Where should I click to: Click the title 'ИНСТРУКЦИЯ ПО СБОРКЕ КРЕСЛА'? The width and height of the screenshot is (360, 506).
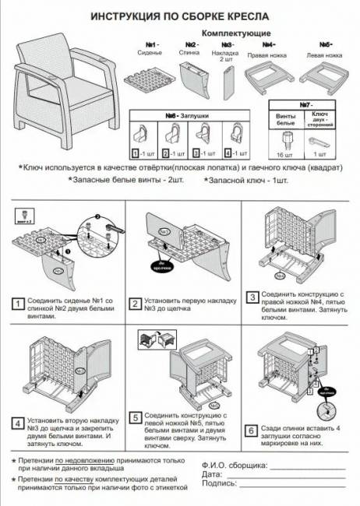pos(179,16)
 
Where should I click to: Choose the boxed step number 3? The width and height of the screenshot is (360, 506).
pos(252,297)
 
